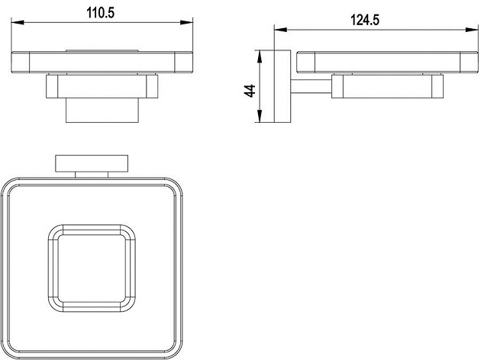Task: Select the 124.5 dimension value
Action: [365, 21]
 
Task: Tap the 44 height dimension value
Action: [250, 91]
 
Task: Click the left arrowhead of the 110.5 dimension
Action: [18, 22]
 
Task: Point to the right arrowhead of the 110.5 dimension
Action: [186, 22]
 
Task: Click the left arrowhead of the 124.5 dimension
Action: [280, 30]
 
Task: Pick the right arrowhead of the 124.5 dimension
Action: [472, 30]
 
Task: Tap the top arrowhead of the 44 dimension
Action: [260, 56]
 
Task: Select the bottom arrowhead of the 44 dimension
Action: [260, 117]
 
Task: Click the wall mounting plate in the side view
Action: [282, 86]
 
